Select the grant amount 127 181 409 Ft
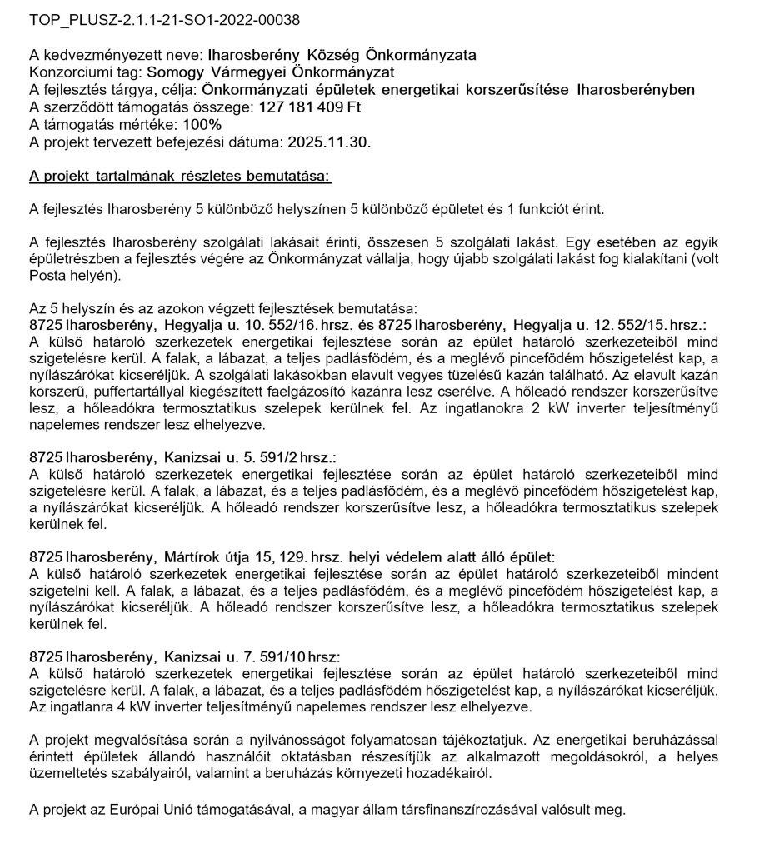pos(304,108)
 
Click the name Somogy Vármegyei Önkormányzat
pos(255,72)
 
